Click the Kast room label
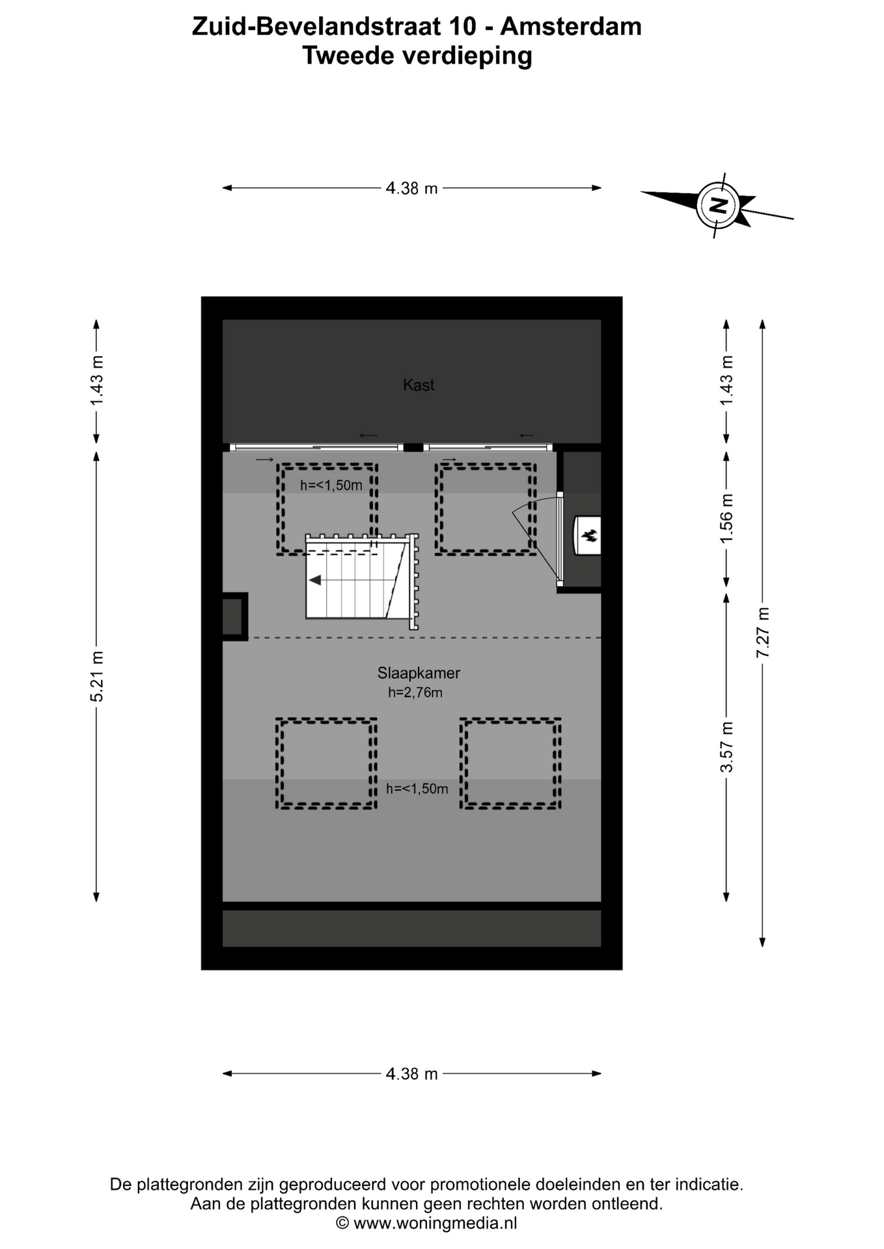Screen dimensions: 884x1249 419,385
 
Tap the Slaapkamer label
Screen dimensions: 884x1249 419,673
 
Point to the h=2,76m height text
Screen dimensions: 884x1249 415,693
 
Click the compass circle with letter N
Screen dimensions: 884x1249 717,206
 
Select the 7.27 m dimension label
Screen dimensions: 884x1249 763,632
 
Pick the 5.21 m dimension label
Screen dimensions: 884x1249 96,677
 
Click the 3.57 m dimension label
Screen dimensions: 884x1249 726,747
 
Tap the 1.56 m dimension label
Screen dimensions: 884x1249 726,518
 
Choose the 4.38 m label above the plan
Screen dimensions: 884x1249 412,189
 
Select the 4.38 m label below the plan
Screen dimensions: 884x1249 412,1074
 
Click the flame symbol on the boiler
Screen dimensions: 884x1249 590,536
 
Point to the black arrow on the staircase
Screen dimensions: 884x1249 315,580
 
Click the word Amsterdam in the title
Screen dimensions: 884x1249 571,27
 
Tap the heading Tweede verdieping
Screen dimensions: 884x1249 417,56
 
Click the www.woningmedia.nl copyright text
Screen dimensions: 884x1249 426,1224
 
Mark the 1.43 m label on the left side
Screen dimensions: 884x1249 96,381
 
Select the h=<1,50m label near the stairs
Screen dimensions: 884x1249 331,485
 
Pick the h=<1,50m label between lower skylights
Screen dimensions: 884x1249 417,789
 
